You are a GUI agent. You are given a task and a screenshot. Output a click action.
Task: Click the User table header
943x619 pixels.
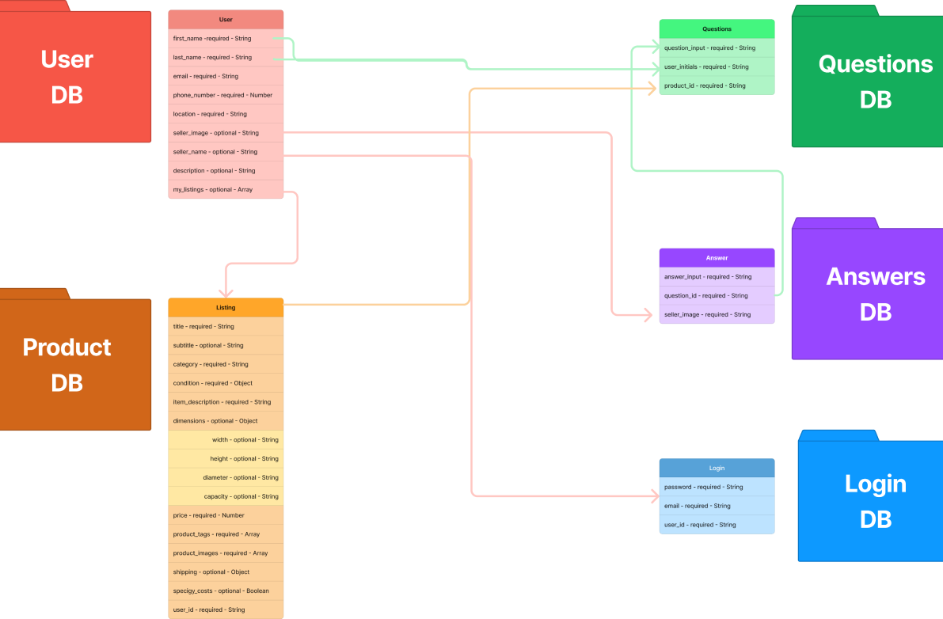tap(226, 19)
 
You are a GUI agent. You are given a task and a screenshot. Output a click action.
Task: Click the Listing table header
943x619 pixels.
tap(226, 307)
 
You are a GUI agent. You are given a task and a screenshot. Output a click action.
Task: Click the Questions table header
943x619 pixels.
tap(717, 28)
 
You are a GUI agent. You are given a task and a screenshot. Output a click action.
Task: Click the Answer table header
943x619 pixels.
tap(717, 257)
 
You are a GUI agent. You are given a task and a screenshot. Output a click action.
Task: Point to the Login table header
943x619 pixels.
tap(717, 468)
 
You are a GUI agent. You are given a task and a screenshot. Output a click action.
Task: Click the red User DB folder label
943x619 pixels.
tap(67, 77)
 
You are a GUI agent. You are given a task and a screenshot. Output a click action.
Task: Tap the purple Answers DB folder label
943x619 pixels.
tap(876, 294)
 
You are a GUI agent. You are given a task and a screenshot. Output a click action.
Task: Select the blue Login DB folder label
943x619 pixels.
tap(876, 501)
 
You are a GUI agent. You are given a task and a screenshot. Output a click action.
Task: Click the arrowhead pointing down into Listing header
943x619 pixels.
tap(226, 292)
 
